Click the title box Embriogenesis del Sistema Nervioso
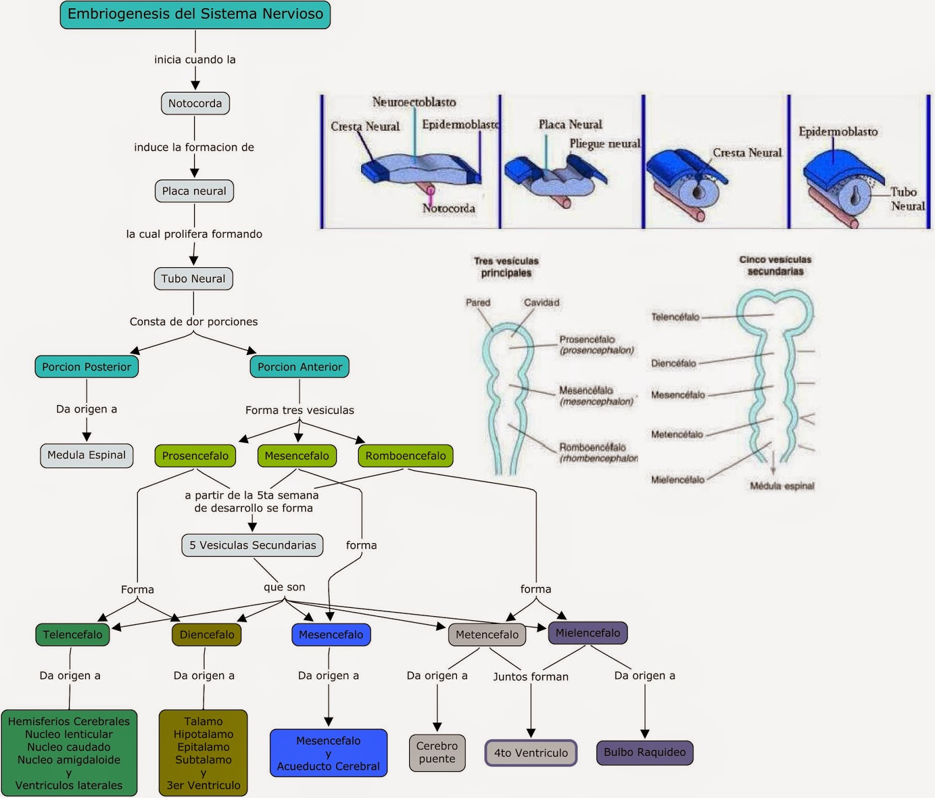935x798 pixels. click(x=195, y=15)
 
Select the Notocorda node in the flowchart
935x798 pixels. click(x=195, y=103)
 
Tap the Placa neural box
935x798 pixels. click(x=194, y=191)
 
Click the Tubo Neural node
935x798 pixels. click(x=193, y=279)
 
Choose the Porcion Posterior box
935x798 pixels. click(x=86, y=367)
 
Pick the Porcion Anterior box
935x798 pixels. click(x=300, y=367)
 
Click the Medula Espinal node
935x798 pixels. click(x=86, y=455)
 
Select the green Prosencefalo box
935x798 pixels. click(x=195, y=456)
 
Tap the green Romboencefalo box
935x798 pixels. click(x=406, y=456)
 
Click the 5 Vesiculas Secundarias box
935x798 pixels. click(x=252, y=545)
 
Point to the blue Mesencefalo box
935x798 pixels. click(x=331, y=635)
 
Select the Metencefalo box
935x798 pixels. click(x=487, y=635)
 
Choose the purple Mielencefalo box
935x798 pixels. click(x=588, y=633)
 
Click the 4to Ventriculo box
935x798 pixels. click(x=531, y=753)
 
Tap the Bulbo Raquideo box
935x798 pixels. click(x=645, y=752)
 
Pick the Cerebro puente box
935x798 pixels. click(x=437, y=753)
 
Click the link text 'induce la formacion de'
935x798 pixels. click(x=194, y=147)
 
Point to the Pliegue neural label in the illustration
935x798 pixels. click(x=605, y=144)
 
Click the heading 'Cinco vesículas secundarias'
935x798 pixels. click(x=775, y=265)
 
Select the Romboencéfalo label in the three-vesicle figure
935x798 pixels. click(x=593, y=447)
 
